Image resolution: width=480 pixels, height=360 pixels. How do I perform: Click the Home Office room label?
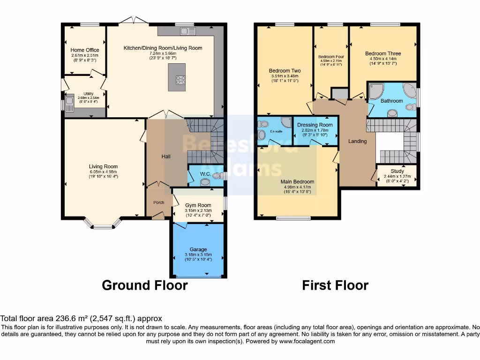[x=85, y=50]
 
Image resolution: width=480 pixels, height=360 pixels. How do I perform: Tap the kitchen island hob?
[x=180, y=80]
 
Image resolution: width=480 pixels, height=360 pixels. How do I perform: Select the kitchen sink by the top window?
[x=188, y=31]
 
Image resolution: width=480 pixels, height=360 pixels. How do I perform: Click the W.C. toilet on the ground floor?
[x=216, y=176]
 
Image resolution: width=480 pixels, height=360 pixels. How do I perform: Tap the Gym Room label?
[x=198, y=205]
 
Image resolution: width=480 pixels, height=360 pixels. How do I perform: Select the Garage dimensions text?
[x=198, y=257]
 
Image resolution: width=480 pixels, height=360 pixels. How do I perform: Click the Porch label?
[x=158, y=202]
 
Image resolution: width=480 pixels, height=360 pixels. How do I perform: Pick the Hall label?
[x=166, y=157]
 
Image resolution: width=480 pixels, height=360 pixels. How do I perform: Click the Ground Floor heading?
[x=145, y=285]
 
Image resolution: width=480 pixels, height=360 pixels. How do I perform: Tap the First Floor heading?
[x=335, y=285]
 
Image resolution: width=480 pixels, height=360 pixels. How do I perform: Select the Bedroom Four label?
[x=331, y=57]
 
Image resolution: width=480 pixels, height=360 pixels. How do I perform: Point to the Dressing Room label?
[x=315, y=125]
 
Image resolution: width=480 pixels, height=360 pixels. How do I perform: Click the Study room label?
[x=397, y=171]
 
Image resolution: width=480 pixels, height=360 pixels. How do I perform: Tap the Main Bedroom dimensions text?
[x=297, y=189]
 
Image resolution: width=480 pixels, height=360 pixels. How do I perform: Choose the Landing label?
[x=357, y=141]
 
